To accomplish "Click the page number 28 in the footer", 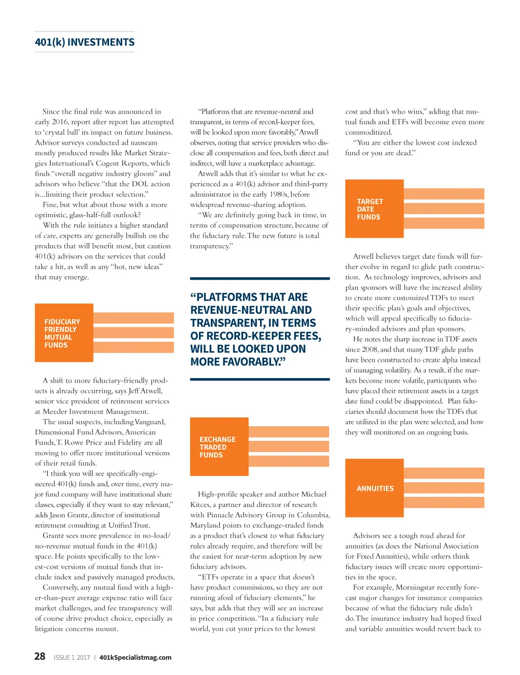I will point(40,656).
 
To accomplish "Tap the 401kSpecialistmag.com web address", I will point(135,657).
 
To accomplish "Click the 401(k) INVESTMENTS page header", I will point(85,42).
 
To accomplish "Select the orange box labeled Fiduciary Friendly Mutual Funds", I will point(64,333).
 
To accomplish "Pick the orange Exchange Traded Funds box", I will point(219,447).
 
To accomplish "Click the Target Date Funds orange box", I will point(374,209).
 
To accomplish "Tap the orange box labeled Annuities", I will point(375,488).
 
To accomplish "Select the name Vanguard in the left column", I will point(149,422).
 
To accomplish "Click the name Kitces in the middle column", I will point(201,504).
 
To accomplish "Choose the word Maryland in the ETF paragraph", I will point(206,525).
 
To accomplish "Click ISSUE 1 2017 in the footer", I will point(72,658).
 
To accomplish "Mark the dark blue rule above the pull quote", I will point(259,279).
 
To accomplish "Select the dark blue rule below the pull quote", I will point(259,379).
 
